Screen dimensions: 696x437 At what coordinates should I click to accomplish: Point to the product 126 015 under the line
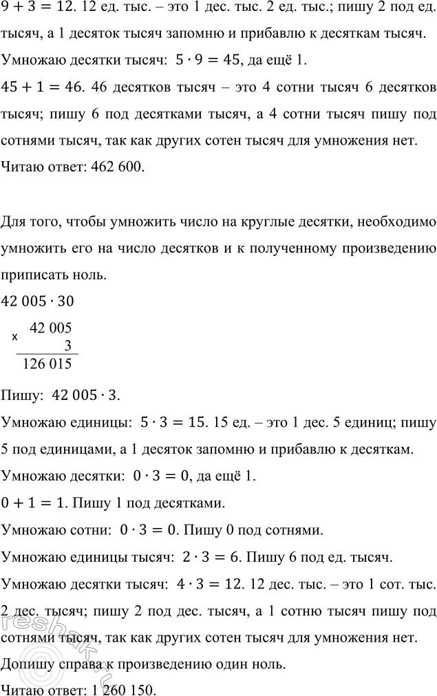[47, 365]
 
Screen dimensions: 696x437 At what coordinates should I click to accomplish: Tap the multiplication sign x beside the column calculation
[14, 337]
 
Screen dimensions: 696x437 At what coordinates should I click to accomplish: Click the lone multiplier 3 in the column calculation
[67, 346]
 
